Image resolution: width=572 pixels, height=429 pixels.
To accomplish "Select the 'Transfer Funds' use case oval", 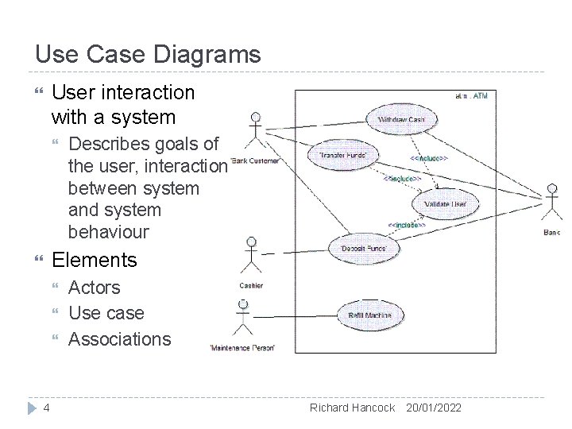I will pos(343,155).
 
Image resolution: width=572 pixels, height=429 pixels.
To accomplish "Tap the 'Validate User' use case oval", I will pos(445,203).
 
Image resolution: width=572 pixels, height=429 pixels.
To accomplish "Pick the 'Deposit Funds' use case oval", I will pos(365,248).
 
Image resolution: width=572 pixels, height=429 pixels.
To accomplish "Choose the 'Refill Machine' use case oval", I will pos(369,315).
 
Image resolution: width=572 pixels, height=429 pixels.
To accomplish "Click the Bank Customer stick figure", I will pos(254,131).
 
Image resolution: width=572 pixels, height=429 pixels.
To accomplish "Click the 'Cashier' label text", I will pos(251,286).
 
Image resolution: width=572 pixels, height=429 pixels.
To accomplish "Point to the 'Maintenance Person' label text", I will pos(242,348).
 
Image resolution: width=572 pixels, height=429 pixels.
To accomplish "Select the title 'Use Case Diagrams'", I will pos(148,54).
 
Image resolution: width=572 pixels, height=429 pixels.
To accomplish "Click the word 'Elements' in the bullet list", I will pos(94,260).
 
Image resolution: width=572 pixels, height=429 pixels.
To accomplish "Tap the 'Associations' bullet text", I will pos(120,339).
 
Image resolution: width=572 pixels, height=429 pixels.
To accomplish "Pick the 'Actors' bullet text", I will pos(95,288).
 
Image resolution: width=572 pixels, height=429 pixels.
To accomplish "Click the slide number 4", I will pos(47,408).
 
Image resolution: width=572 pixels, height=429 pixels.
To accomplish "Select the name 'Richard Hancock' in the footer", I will pos(352,408).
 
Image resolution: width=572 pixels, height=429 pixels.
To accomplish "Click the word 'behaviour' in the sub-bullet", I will pos(108,232).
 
